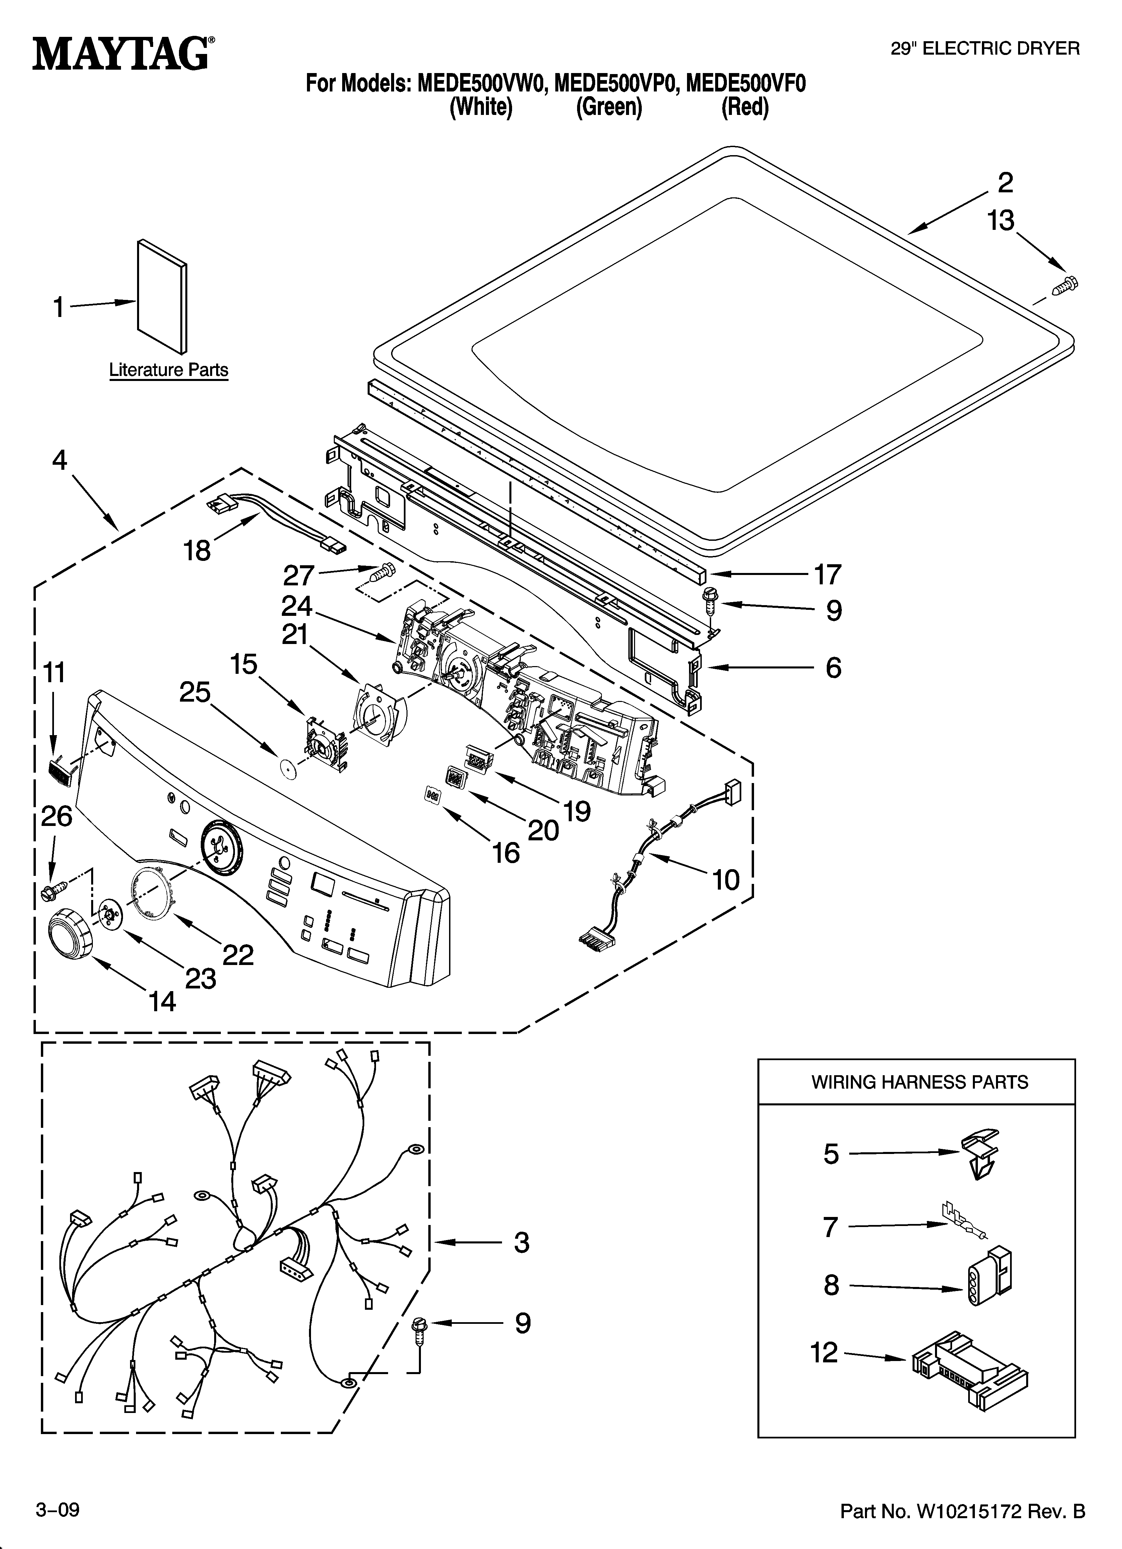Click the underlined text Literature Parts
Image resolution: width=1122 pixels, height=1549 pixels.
pos(169,370)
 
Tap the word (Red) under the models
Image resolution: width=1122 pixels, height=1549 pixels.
pos(745,108)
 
